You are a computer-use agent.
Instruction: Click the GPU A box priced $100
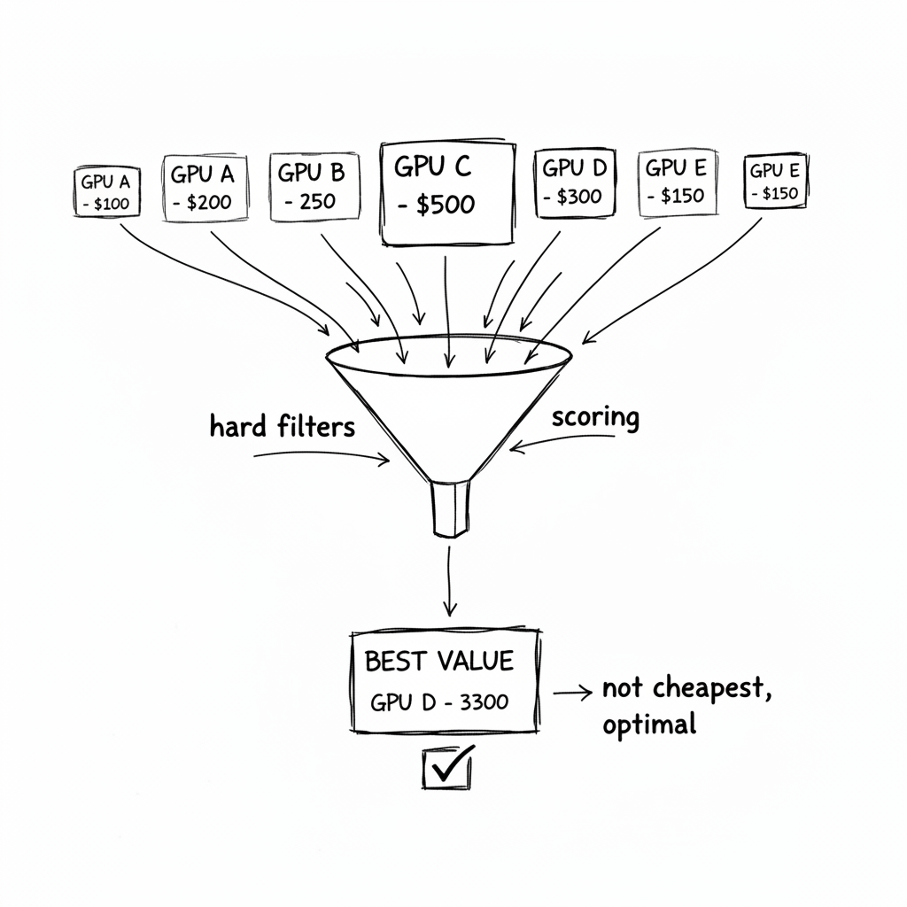105,191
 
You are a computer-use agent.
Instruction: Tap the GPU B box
313,187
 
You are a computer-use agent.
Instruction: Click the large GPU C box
446,192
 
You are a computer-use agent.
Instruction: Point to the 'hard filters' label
282,426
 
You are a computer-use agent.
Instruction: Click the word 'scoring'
594,416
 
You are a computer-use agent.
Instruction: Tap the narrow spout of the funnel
450,508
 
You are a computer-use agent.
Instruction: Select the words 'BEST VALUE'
438,661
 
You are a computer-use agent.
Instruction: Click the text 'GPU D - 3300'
439,702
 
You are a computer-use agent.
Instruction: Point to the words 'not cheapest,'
686,689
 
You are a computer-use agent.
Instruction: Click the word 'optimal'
648,725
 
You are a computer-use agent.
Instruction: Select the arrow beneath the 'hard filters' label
323,456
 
